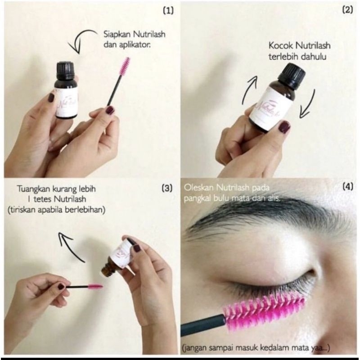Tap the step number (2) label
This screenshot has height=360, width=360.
[x=347, y=10]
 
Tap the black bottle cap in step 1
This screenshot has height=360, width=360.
[x=65, y=70]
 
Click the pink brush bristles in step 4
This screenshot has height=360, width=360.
[x=261, y=310]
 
